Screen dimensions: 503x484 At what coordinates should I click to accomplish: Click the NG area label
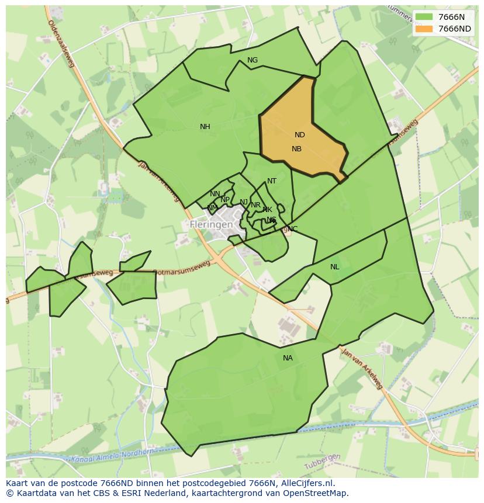click(253, 60)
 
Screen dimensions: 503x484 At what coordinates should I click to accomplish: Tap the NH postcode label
click(205, 127)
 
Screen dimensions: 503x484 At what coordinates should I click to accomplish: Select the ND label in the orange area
click(300, 135)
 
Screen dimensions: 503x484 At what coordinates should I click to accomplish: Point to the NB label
click(296, 149)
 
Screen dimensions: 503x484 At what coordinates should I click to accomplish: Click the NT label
click(272, 181)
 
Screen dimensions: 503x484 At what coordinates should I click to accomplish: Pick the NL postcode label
click(334, 267)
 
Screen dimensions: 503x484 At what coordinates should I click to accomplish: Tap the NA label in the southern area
click(288, 358)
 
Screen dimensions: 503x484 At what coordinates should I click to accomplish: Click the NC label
click(293, 228)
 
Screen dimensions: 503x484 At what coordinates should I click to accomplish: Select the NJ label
click(244, 202)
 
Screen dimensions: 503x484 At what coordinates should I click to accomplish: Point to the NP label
click(225, 200)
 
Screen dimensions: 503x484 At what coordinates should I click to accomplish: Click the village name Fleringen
click(211, 224)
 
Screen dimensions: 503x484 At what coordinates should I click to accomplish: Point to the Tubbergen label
click(322, 461)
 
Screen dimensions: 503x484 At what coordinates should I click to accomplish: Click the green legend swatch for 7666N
click(424, 17)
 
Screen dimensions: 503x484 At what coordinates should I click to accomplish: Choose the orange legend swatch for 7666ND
click(424, 29)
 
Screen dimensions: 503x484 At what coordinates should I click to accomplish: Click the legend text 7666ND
click(454, 29)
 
